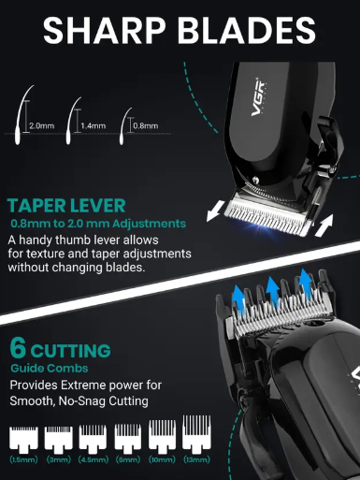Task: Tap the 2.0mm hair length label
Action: (x=42, y=124)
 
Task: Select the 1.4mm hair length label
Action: (x=93, y=124)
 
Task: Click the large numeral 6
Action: (x=18, y=349)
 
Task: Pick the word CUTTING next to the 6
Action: (x=70, y=351)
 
